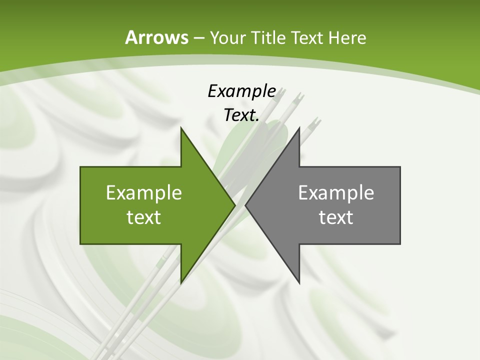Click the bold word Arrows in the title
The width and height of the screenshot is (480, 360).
click(x=156, y=37)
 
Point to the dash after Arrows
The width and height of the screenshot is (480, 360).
click(x=198, y=38)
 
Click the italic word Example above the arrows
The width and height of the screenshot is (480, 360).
click(x=241, y=91)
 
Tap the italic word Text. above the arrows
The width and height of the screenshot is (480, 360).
click(x=241, y=115)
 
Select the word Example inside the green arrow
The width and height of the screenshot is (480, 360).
click(x=144, y=193)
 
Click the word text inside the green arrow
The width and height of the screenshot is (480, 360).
click(x=144, y=217)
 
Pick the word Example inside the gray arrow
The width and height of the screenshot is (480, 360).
click(x=336, y=193)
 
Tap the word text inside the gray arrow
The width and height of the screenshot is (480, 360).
click(x=336, y=217)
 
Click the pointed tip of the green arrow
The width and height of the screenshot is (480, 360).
click(x=235, y=205)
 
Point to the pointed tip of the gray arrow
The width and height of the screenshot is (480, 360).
click(x=245, y=205)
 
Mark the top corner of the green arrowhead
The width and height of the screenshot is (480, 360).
click(x=181, y=127)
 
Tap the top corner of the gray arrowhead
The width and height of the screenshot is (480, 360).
click(x=299, y=127)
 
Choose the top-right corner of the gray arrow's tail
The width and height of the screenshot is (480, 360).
click(x=400, y=167)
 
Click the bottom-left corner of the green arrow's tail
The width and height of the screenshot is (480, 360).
click(x=80, y=244)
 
